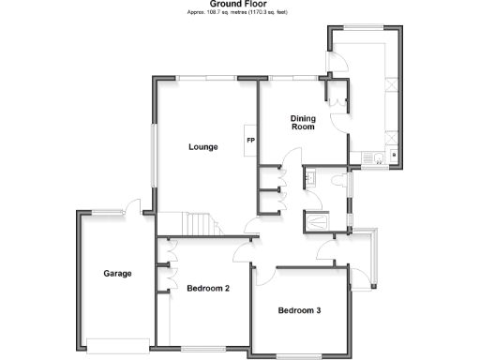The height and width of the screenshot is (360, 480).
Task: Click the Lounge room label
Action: click(x=202, y=147)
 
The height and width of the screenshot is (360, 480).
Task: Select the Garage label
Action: click(x=117, y=274)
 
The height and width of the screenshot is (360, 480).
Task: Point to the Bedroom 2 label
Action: click(x=208, y=288)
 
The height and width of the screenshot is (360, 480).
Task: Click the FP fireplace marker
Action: click(x=250, y=142)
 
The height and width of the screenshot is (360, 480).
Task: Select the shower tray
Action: click(x=318, y=219)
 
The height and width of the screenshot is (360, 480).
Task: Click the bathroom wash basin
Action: click(x=310, y=177)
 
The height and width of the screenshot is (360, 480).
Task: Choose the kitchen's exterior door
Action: click(x=337, y=62)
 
